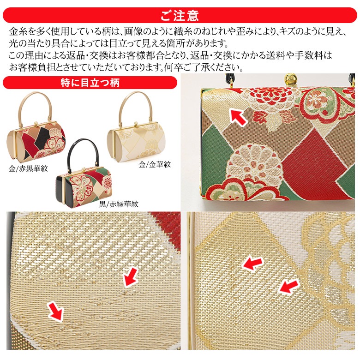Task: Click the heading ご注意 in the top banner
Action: tap(180, 15)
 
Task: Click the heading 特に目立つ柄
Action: tap(90, 83)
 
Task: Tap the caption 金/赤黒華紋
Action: tap(28, 169)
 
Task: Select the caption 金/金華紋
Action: tap(155, 164)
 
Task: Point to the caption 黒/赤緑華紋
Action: tap(119, 204)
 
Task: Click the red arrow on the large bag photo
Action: tap(238, 117)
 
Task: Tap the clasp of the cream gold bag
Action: tap(136, 123)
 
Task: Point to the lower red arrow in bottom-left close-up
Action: tap(55, 311)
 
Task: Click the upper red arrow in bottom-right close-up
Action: tap(252, 263)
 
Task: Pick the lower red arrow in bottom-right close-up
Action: tap(288, 286)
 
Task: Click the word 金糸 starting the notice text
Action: tap(18, 32)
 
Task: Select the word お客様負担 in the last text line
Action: tap(32, 67)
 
